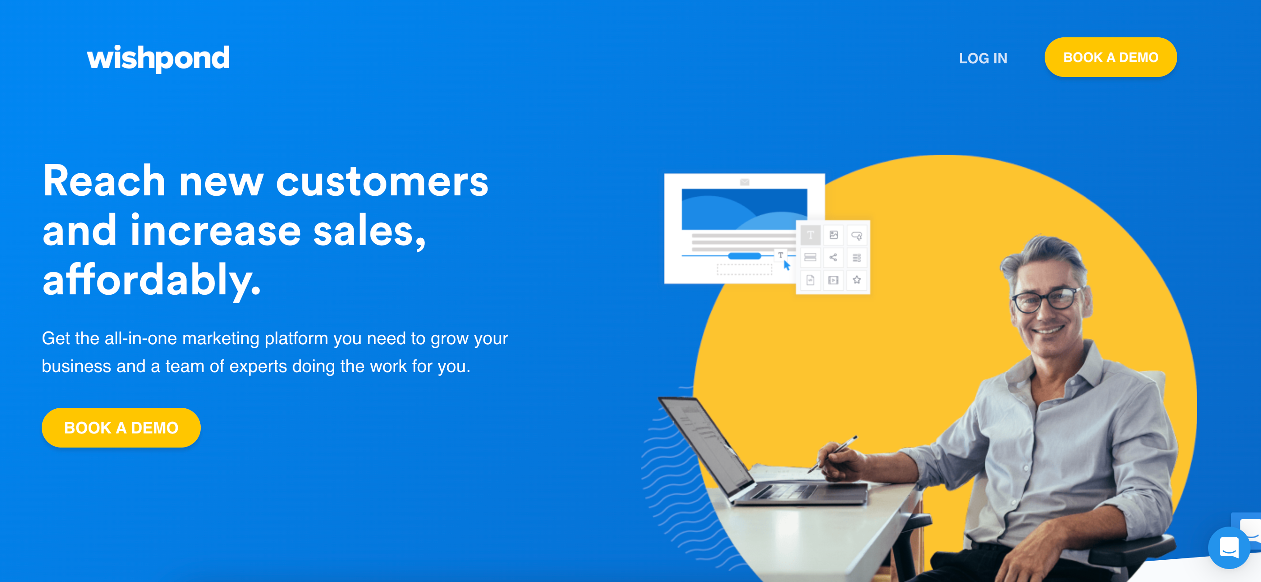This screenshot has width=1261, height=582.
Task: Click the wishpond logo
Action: (158, 58)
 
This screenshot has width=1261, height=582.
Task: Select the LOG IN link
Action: (983, 58)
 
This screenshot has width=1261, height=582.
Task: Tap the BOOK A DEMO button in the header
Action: (1110, 57)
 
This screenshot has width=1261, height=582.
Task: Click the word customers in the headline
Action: (382, 182)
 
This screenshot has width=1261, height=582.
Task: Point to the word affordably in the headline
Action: (152, 280)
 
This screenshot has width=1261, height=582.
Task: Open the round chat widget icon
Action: (1229, 547)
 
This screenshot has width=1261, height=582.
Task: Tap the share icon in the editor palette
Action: (833, 257)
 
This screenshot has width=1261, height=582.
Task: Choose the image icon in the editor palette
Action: (834, 235)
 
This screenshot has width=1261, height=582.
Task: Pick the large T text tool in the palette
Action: (811, 235)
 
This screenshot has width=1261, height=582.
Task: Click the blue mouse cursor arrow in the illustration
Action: (787, 265)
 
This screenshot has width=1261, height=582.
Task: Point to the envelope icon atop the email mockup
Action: (744, 182)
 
